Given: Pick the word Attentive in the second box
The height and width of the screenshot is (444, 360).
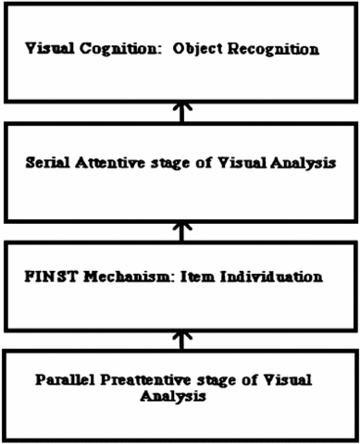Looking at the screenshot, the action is point(111,162).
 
